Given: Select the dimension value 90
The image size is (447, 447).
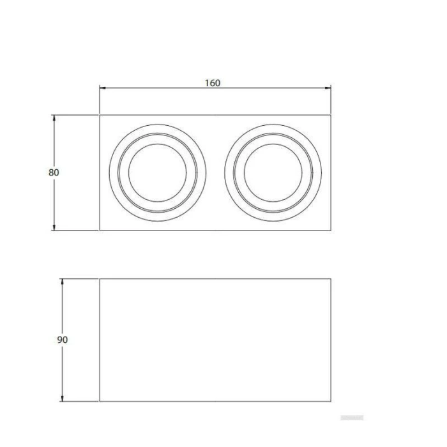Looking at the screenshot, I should point(62,340).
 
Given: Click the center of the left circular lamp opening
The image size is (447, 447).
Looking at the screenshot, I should point(157,172).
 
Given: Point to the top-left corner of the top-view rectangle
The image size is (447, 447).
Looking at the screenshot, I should point(100,115).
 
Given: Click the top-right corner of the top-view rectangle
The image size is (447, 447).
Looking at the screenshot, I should point(331,115).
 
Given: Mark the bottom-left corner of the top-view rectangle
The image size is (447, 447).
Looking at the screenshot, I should point(100,230).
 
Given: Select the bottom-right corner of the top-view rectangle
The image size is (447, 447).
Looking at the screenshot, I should point(331,230).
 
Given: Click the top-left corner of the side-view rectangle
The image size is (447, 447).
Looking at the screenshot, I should point(100,278).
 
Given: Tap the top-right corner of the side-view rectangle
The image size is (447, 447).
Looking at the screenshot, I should point(331,278).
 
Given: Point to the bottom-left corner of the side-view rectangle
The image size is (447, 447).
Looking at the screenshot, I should point(100,402).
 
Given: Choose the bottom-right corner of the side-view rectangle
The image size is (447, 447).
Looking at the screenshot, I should point(331,402).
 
